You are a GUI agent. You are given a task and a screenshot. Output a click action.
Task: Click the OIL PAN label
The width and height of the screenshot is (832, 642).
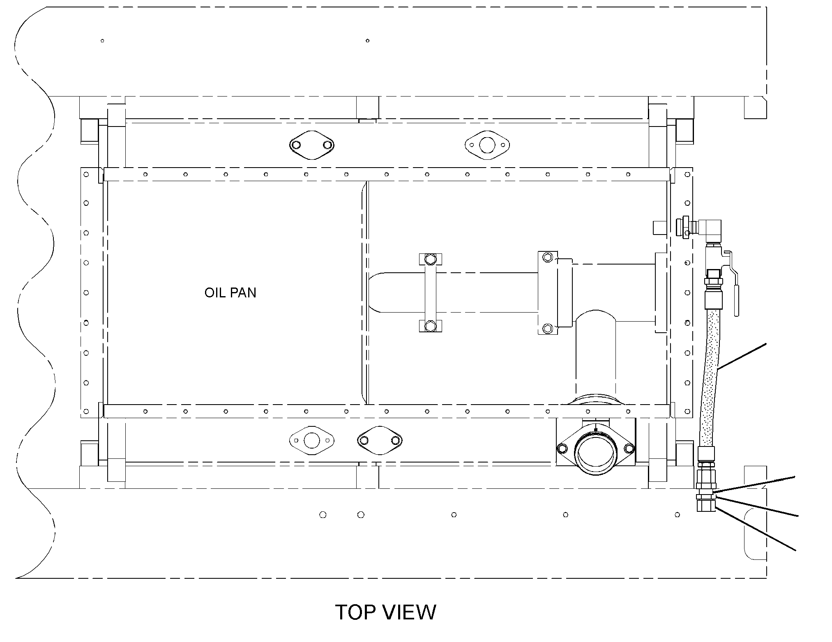230,292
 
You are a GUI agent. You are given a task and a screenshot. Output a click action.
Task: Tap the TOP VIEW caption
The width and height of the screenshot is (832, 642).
385,612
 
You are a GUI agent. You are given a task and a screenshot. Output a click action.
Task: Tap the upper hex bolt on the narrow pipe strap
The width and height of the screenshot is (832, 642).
430,259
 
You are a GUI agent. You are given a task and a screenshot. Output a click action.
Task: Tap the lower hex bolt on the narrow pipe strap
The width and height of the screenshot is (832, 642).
430,326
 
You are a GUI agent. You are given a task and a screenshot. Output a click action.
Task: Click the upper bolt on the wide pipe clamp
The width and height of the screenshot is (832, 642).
547,258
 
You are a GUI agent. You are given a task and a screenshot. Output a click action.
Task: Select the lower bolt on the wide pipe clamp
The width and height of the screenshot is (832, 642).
547,328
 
